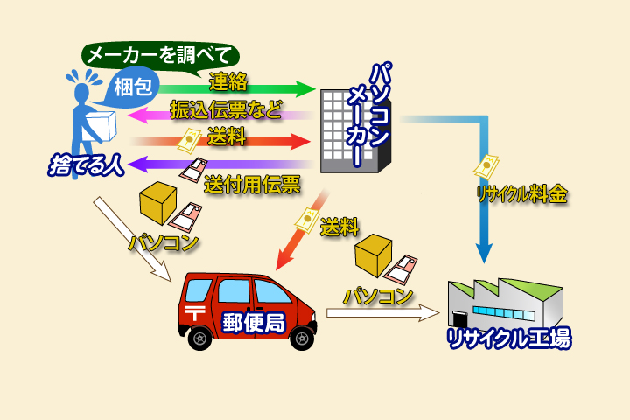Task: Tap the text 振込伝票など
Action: pyautogui.click(x=227, y=110)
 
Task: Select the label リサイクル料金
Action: pyautogui.click(x=522, y=193)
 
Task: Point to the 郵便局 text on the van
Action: pyautogui.click(x=254, y=321)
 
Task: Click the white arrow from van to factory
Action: pyautogui.click(x=381, y=311)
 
